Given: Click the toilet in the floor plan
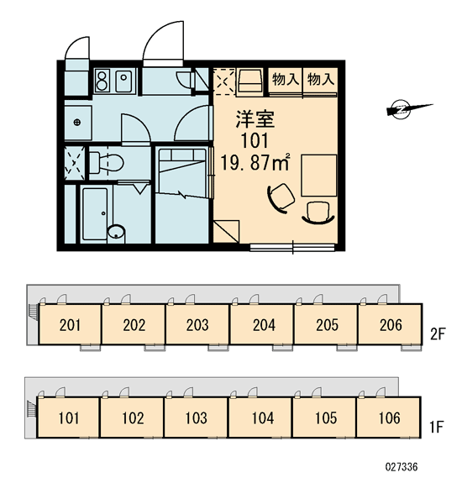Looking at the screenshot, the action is (x=106, y=163).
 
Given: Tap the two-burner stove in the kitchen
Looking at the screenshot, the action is (x=102, y=81).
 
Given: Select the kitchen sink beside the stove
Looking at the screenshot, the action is (x=123, y=81).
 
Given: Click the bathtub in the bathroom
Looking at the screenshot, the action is (x=95, y=213).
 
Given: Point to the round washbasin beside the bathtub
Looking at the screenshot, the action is (x=116, y=232).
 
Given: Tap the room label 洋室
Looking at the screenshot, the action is (x=255, y=119).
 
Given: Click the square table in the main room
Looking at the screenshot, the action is (x=319, y=176).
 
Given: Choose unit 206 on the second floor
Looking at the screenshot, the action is (x=390, y=324).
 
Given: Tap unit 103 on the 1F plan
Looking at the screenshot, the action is (x=196, y=417).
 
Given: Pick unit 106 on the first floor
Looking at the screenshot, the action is (x=388, y=417).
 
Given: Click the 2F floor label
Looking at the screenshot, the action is (x=438, y=334).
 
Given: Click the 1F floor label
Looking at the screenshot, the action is (x=437, y=428).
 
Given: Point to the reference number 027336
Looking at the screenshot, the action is (x=402, y=467).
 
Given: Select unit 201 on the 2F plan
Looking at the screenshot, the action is (x=70, y=324).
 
